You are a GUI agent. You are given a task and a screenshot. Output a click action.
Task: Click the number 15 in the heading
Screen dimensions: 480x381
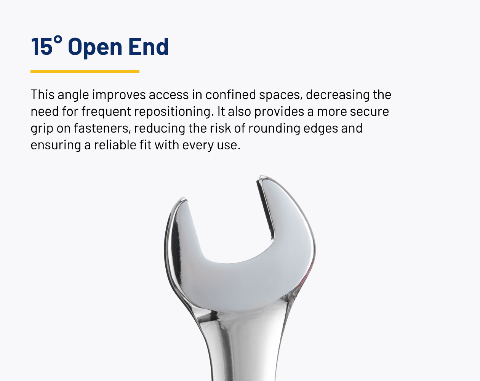click(42, 46)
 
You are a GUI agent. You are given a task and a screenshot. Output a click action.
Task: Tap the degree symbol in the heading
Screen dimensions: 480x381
click(58, 39)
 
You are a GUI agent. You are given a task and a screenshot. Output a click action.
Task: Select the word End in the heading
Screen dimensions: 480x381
click(149, 46)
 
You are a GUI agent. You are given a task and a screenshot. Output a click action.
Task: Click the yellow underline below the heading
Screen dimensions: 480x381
click(85, 72)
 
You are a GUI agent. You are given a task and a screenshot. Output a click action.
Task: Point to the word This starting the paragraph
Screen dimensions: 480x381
click(43, 94)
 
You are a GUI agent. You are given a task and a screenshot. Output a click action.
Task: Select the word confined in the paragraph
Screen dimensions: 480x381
click(230, 94)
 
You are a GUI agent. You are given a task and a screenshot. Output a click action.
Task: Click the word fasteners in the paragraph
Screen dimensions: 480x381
click(102, 128)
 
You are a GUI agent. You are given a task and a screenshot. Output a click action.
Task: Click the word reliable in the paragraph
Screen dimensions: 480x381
click(115, 145)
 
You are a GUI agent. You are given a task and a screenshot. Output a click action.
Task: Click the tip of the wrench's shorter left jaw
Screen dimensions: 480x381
click(184, 199)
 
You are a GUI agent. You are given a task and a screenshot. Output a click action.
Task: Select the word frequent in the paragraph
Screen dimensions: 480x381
click(106, 112)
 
